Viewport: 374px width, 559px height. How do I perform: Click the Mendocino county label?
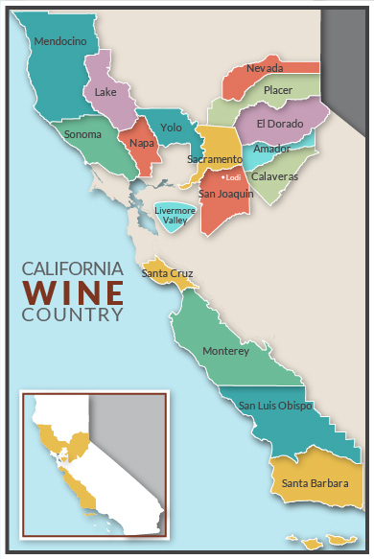(x=59, y=41)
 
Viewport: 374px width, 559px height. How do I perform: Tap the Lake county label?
(x=105, y=93)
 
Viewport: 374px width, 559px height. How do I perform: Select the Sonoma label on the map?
(x=82, y=134)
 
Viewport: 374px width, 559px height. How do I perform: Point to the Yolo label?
(x=172, y=128)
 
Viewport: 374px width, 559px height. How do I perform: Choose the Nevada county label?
(x=264, y=69)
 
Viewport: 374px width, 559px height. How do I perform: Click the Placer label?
(x=278, y=90)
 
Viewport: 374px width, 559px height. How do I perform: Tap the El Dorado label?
(x=279, y=124)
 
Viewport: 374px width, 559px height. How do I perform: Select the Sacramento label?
(x=215, y=158)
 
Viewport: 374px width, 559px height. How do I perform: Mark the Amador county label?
(x=271, y=149)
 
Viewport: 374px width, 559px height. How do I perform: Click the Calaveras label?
(x=274, y=176)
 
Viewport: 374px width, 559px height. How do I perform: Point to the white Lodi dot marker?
(x=222, y=177)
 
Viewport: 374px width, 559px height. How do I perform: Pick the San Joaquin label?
(x=225, y=194)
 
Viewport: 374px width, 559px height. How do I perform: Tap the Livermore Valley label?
(x=175, y=216)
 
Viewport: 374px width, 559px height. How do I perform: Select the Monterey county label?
(x=225, y=352)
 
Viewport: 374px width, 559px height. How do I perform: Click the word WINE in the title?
(x=73, y=291)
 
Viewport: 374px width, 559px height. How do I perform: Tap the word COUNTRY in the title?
(x=73, y=314)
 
